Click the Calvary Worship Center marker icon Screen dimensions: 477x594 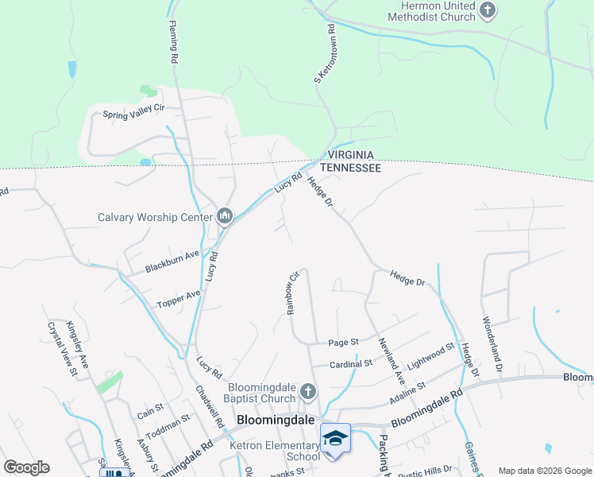[225, 216]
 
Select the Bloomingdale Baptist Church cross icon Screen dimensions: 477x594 [309, 391]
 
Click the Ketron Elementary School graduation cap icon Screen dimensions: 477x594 [334, 438]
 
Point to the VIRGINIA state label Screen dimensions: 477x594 [351, 157]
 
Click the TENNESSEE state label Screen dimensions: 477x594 [351, 169]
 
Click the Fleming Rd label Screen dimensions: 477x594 [173, 42]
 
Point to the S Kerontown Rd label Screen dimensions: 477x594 [325, 52]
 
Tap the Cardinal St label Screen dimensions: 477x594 [352, 363]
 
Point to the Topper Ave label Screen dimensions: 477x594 [179, 299]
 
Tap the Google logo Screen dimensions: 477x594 [26, 467]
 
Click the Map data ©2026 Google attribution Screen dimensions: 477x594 [544, 471]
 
